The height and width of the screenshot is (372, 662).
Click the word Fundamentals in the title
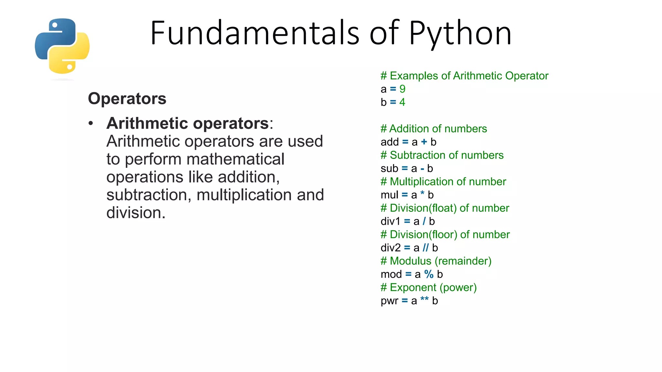[x=255, y=33]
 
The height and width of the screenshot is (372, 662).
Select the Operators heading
[x=127, y=98]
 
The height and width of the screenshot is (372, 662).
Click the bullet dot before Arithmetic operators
[x=91, y=123]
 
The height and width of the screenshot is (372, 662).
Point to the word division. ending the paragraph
[x=136, y=213]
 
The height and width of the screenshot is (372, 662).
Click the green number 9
[x=402, y=89]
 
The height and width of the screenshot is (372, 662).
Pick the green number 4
[x=402, y=102]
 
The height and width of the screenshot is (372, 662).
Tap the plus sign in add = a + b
[x=424, y=142]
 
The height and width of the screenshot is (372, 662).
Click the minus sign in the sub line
[x=422, y=169]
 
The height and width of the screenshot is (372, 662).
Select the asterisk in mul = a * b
[x=422, y=194]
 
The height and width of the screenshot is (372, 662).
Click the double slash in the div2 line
[x=426, y=248]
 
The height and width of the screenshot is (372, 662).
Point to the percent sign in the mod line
[x=429, y=274]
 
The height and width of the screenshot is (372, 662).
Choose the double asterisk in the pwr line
[x=424, y=299]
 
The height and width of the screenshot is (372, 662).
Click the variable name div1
[x=390, y=221]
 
